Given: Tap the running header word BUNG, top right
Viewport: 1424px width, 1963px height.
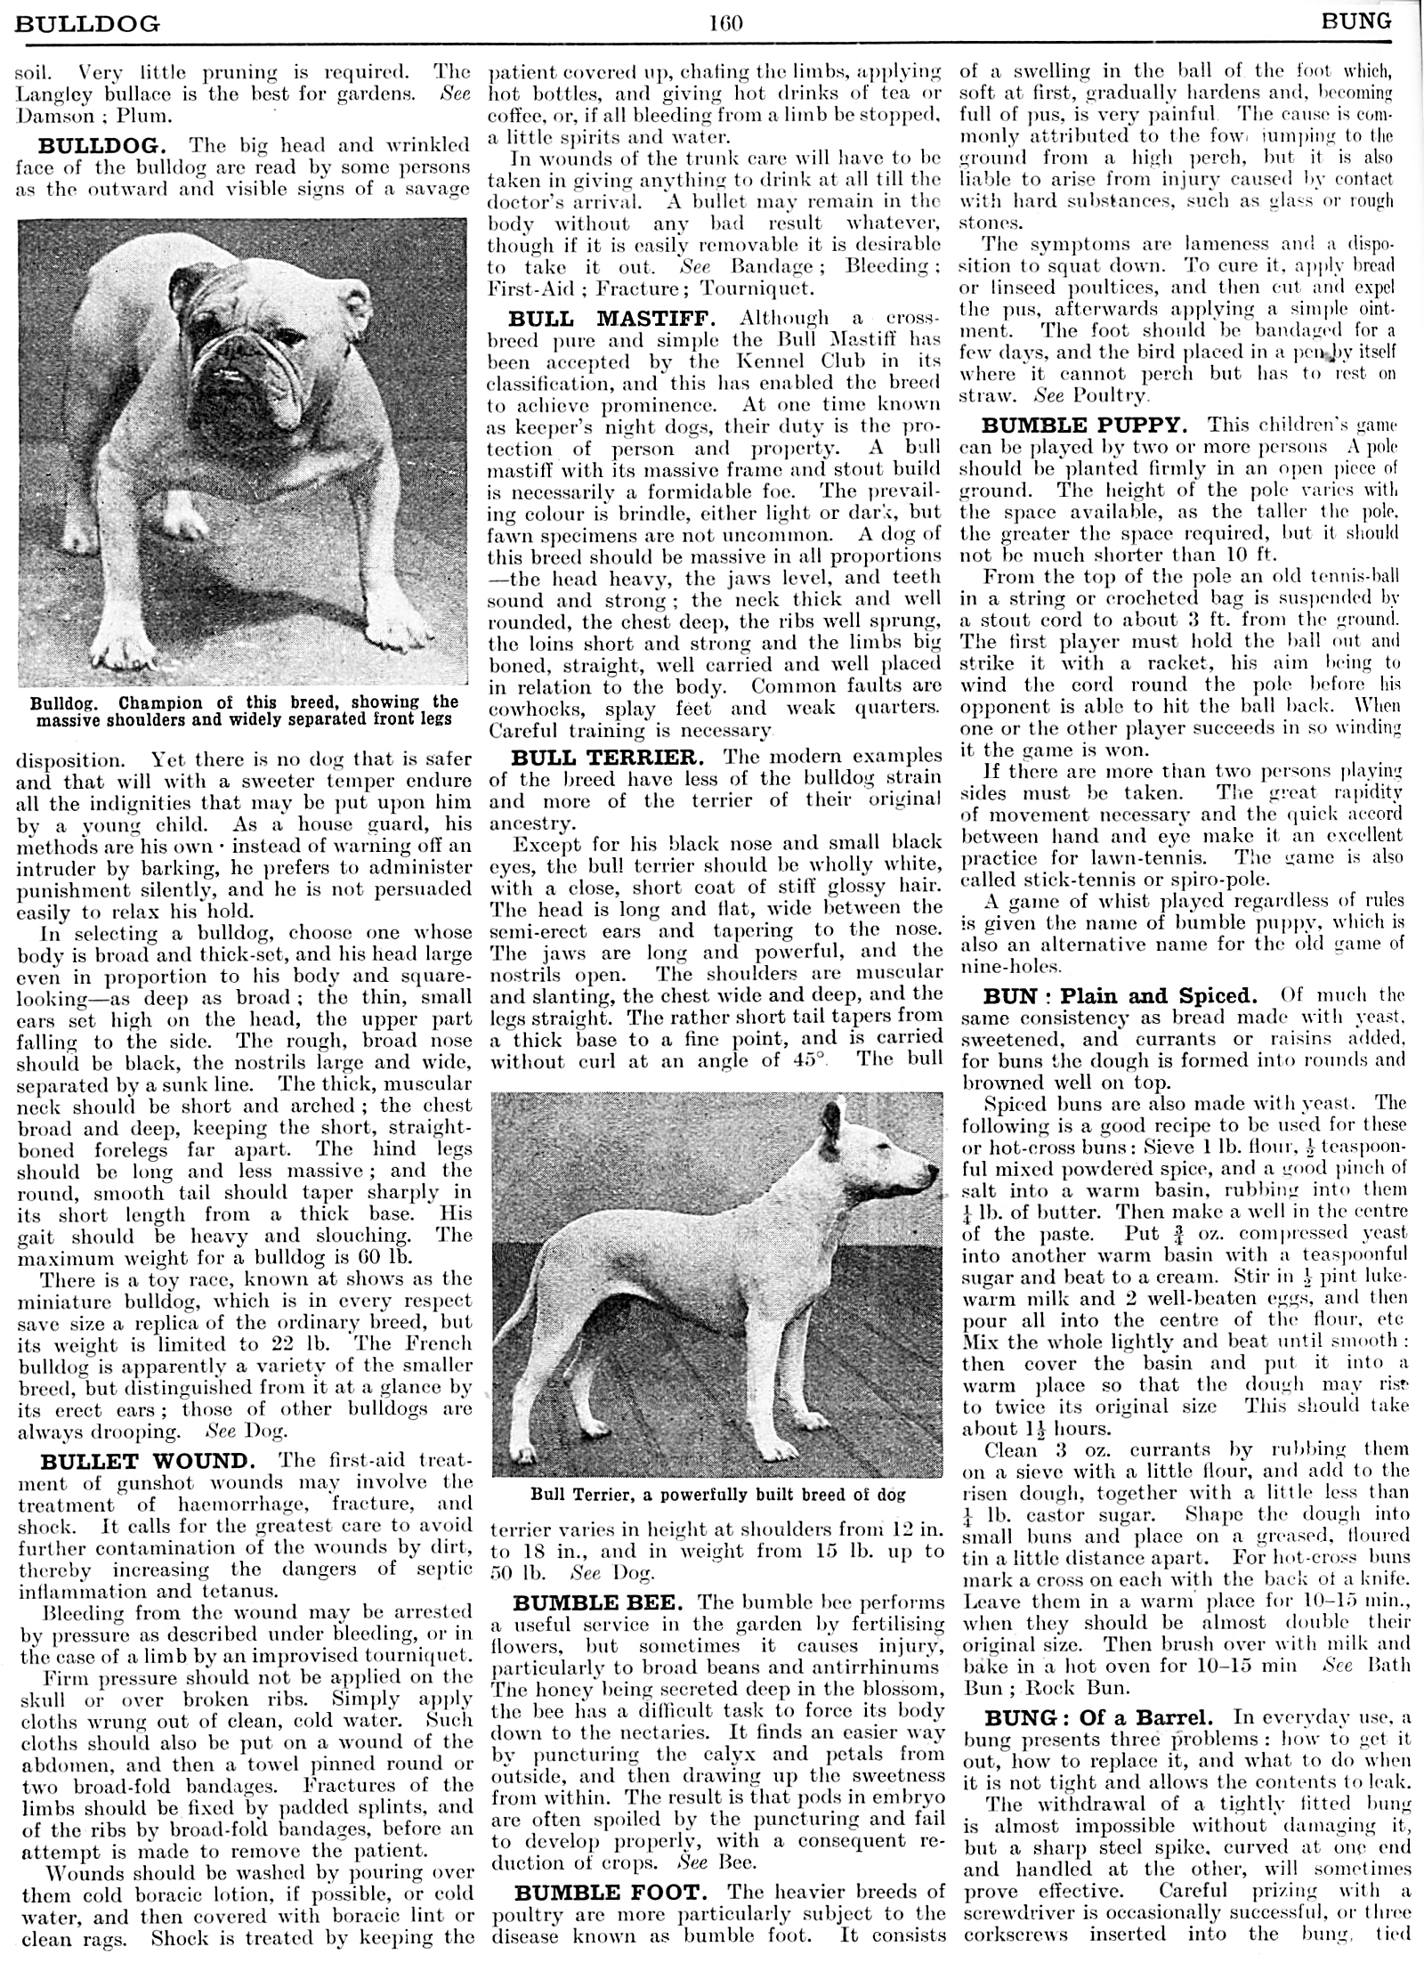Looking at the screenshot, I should tap(1356, 20).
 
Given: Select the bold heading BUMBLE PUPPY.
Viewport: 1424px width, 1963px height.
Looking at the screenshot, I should tap(1085, 426).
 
